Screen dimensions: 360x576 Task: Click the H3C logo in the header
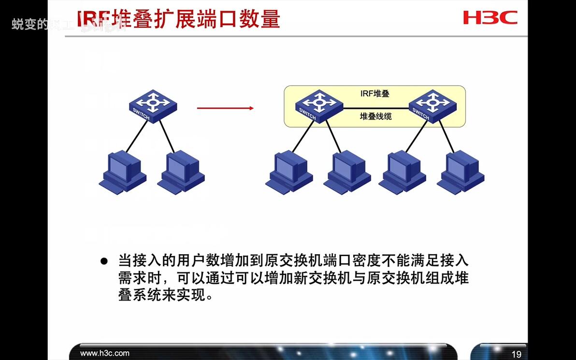point(490,18)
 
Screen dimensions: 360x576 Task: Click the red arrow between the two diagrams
point(225,108)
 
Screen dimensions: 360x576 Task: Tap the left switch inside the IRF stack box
point(318,106)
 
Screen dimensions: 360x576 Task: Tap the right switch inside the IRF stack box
point(432,106)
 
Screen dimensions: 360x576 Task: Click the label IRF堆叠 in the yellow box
point(375,94)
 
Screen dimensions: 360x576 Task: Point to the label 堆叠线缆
point(375,116)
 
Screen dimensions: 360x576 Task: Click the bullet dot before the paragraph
point(103,261)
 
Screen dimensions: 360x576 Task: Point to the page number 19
point(516,354)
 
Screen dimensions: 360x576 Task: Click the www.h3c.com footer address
point(105,353)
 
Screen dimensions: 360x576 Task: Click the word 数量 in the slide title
point(263,19)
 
